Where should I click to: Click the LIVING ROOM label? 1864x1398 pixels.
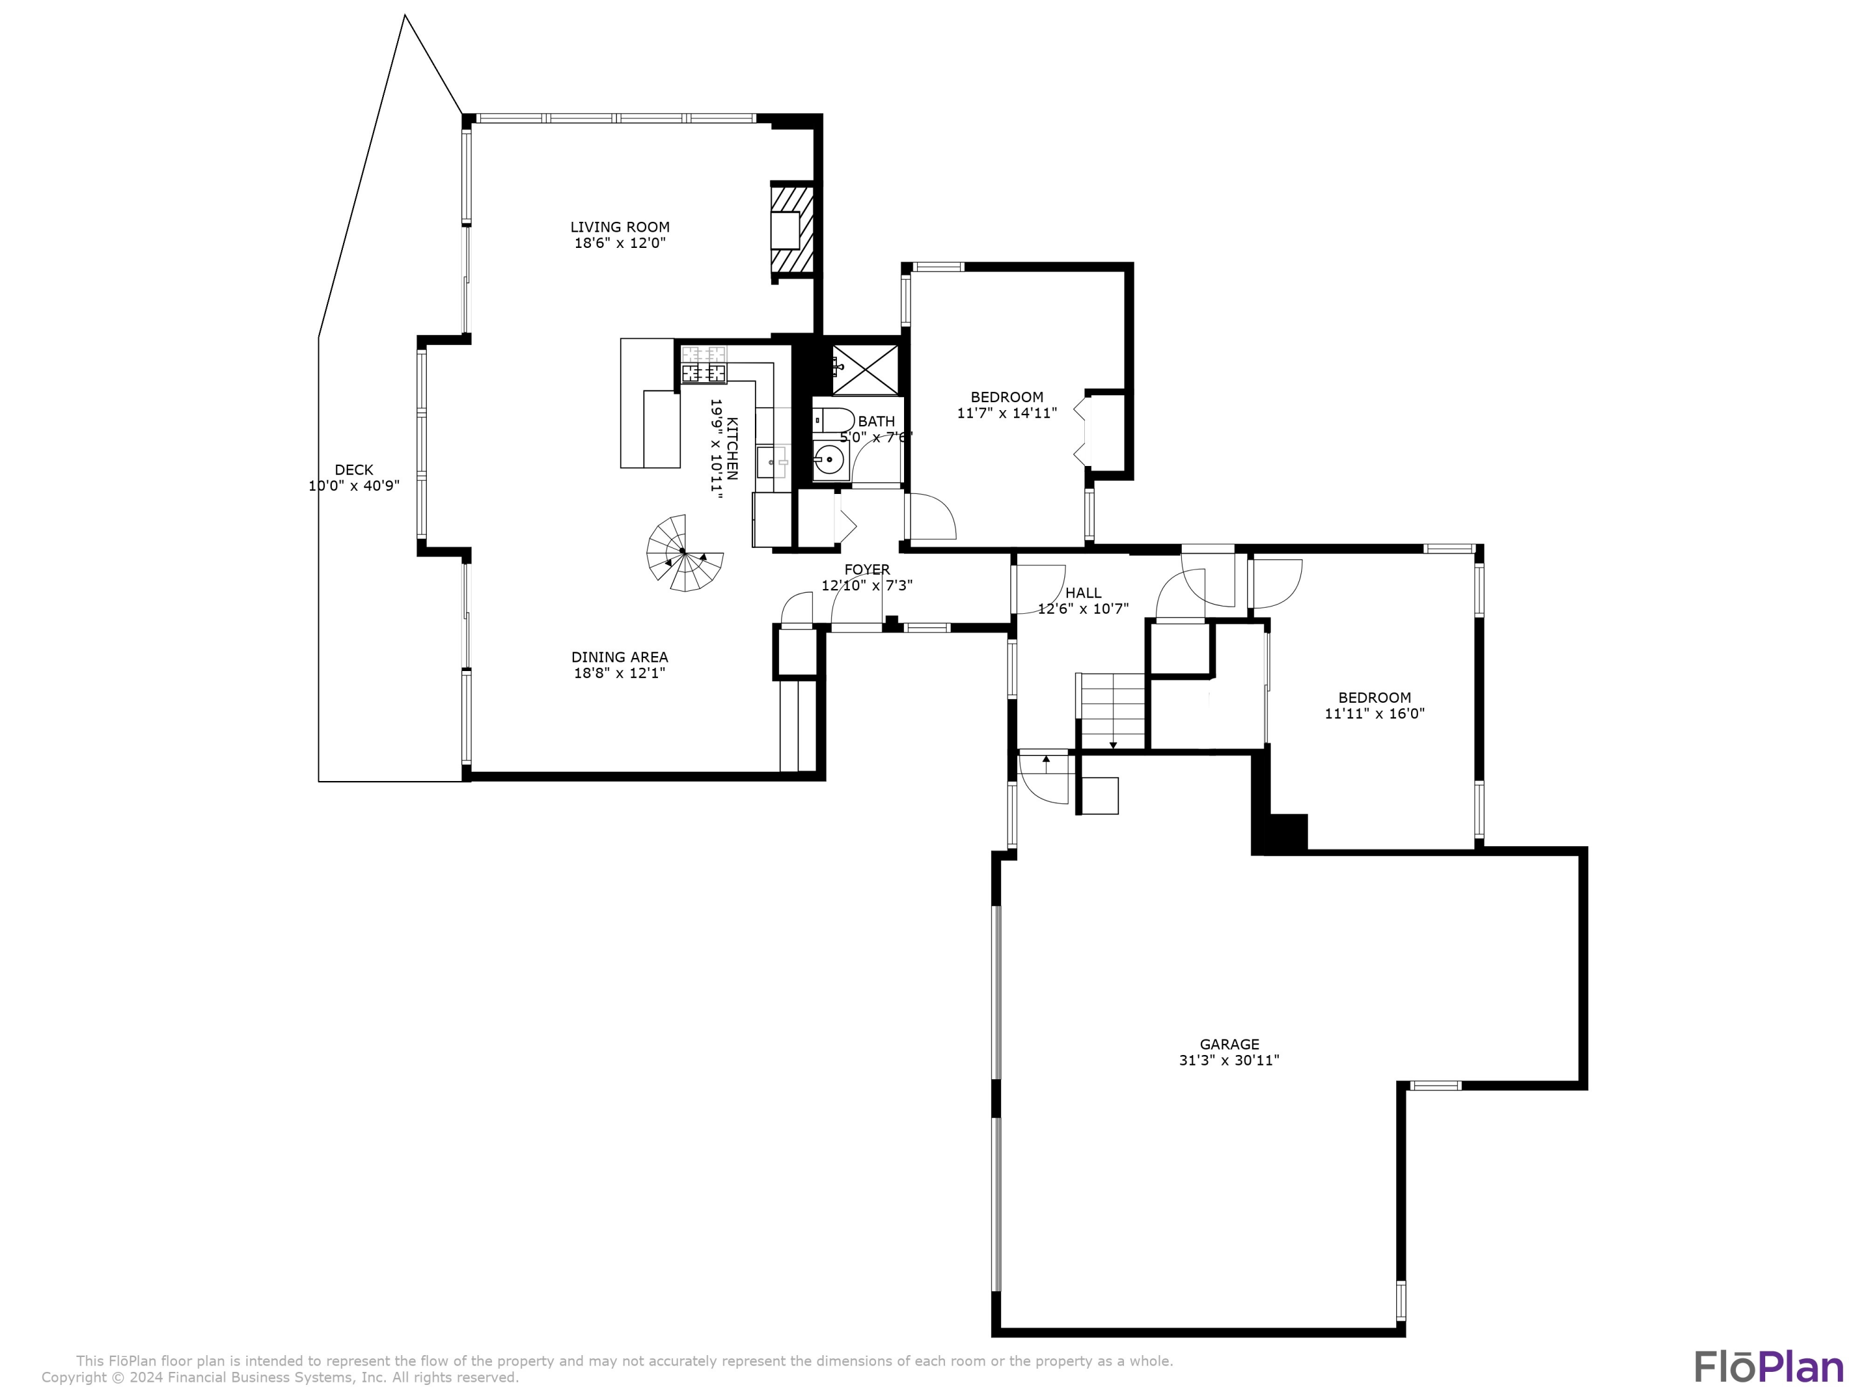(x=619, y=227)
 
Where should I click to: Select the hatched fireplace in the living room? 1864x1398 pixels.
(x=793, y=229)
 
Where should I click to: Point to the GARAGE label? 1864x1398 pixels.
(x=1230, y=1044)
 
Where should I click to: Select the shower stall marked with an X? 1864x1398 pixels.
(x=865, y=369)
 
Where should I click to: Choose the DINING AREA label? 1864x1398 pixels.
(x=619, y=657)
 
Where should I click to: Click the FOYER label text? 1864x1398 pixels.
(x=867, y=570)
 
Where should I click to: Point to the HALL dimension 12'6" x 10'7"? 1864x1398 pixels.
(x=1083, y=608)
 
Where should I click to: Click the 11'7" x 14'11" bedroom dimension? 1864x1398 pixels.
(x=1007, y=414)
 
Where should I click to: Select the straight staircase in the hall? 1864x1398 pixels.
(x=1112, y=710)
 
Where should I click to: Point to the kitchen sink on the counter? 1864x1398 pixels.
(x=771, y=462)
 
